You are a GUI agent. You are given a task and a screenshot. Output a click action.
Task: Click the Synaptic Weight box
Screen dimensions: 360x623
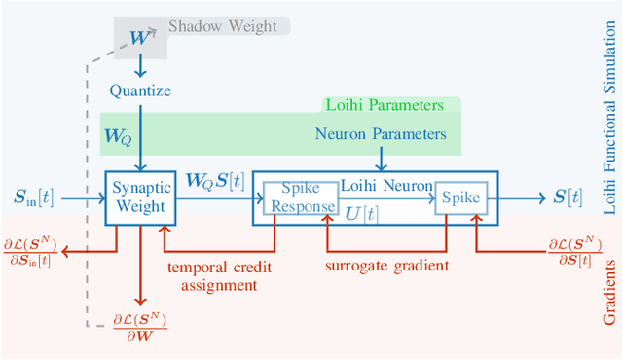pyautogui.click(x=139, y=198)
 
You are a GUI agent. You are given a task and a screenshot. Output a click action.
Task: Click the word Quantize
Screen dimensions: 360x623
pyautogui.click(x=140, y=90)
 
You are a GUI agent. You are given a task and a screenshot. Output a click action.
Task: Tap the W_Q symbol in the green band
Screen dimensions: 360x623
pyautogui.click(x=119, y=136)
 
